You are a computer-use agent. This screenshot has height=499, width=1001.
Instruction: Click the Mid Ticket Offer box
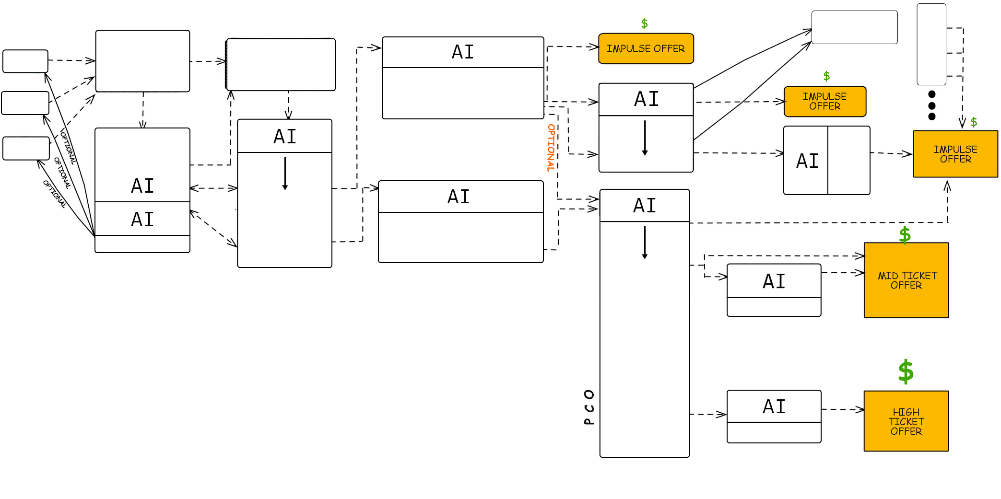(x=906, y=280)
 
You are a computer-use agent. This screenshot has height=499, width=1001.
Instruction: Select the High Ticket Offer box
(x=906, y=421)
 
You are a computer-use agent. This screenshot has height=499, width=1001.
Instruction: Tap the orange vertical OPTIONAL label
(x=551, y=148)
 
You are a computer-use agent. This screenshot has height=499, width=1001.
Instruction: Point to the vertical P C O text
(x=589, y=407)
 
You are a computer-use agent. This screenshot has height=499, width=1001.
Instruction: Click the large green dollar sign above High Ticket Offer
(x=906, y=371)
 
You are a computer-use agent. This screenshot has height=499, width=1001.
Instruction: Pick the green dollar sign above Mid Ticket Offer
(x=905, y=235)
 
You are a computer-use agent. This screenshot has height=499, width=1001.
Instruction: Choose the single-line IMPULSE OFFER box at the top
(x=646, y=48)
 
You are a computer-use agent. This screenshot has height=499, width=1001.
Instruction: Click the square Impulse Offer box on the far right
(x=955, y=154)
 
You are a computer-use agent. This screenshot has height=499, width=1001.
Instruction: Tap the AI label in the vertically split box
(x=807, y=161)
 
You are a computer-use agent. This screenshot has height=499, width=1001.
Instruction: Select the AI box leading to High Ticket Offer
(x=774, y=416)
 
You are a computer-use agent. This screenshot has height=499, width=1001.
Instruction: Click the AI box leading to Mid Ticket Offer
(x=774, y=290)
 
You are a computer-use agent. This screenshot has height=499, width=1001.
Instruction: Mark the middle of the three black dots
(x=932, y=105)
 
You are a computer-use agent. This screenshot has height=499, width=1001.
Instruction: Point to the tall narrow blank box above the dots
(x=931, y=44)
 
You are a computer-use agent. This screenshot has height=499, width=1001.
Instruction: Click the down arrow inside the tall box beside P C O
(x=645, y=243)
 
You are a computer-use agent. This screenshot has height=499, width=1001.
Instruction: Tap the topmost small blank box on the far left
(x=25, y=61)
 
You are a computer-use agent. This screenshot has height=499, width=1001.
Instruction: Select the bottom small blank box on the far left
(x=26, y=148)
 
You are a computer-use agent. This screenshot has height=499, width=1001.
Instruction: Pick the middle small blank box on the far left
(x=25, y=103)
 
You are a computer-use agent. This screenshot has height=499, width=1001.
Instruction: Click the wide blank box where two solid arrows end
(x=854, y=27)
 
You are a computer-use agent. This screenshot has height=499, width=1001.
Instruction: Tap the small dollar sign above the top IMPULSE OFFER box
(x=644, y=23)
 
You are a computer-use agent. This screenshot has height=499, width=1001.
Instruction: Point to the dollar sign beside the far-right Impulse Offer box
(x=974, y=122)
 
